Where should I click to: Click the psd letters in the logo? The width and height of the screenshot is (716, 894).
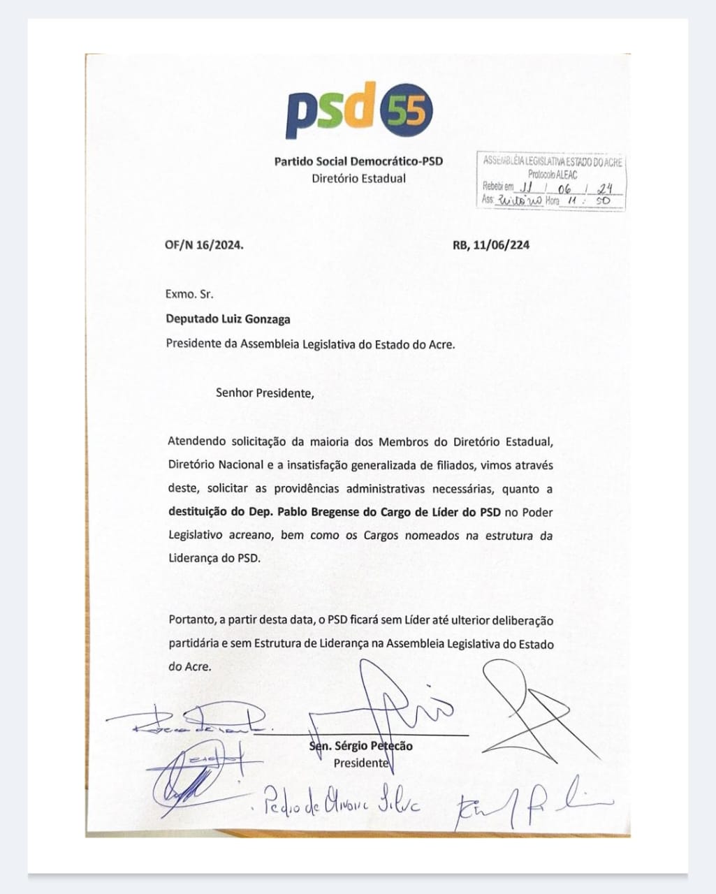point(330,112)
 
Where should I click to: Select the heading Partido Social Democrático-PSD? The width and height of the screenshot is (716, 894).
point(358,161)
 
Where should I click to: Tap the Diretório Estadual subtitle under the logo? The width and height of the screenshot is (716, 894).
point(358,178)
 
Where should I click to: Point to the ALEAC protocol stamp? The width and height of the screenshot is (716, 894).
point(551,181)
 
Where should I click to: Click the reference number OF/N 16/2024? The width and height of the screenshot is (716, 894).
point(205,245)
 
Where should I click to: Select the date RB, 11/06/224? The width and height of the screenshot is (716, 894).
point(490,245)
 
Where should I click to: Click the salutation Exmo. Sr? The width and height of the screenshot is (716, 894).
point(189,295)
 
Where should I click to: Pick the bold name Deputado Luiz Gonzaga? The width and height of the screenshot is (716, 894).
point(228,319)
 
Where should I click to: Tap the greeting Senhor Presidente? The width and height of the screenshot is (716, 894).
point(265,393)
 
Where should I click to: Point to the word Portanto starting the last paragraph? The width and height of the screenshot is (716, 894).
point(191,620)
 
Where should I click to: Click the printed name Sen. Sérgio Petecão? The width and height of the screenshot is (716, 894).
point(360,746)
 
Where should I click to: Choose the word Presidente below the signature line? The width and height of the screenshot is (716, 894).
point(360,763)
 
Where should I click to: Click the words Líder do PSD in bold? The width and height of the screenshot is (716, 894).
point(470,512)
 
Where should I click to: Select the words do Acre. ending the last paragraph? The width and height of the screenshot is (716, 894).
point(189,666)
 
